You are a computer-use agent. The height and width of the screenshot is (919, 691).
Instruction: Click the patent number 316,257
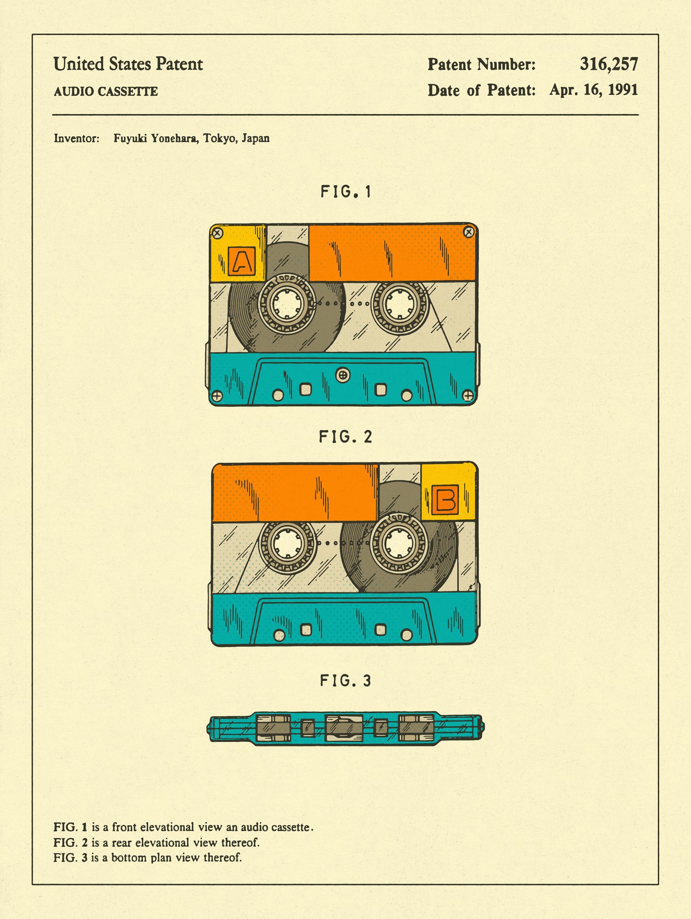coord(609,64)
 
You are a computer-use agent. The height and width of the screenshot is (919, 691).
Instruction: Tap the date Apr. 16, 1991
coord(593,90)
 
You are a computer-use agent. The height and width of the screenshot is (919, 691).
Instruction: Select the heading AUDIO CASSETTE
coord(105,92)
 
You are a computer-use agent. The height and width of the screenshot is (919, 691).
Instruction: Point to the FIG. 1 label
coord(345,192)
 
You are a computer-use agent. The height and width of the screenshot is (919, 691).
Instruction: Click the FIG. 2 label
coord(345,437)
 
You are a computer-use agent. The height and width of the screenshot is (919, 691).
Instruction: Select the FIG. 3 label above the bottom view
coord(345,680)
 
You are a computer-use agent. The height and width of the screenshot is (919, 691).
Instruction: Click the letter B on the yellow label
coord(445,499)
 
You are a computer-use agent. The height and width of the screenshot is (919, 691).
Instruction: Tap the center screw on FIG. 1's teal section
coord(342,375)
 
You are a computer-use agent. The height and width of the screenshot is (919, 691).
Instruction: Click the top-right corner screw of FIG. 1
coord(468,232)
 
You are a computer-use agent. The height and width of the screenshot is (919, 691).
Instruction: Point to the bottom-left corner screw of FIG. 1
coord(216,396)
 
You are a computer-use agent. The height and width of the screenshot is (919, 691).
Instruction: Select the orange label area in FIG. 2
coord(295,493)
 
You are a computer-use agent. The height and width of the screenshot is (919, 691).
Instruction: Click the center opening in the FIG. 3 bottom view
coord(344,728)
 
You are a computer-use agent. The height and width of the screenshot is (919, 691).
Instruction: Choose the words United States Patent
coord(128,64)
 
